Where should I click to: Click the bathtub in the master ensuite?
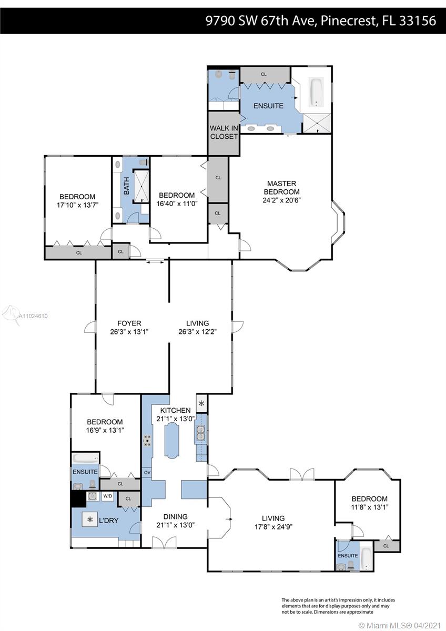pos(317,93)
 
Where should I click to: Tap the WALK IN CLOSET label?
pos(224,132)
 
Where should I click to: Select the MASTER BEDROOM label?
pos(281,188)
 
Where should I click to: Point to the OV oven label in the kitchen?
pos(147,472)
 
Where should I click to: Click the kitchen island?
pos(171,441)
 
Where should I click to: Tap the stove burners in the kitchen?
pos(147,440)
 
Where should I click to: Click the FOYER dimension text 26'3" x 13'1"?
pos(129,332)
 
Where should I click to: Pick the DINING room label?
pos(176,516)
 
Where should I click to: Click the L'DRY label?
pos(109,521)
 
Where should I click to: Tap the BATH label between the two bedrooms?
pos(127,186)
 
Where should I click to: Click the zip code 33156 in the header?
pos(418,21)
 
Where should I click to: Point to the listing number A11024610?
pos(33,316)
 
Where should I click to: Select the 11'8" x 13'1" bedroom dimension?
pos(370,507)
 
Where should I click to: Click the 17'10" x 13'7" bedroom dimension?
pos(77,205)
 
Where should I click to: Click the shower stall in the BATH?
pos(141,186)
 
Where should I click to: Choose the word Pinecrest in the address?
pos(349,21)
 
